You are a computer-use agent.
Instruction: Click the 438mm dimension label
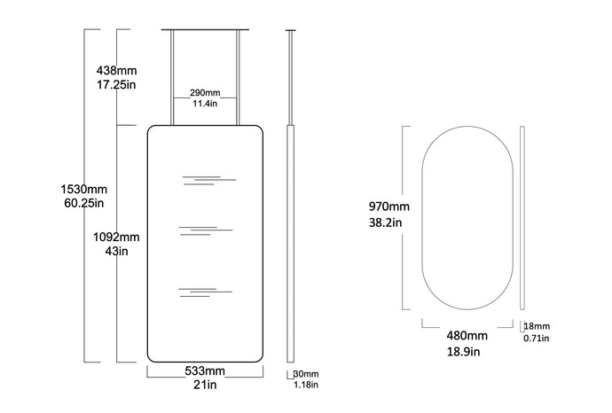point(117,71)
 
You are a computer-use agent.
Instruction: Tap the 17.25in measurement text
point(116,84)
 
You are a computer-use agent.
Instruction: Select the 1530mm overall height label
point(83,189)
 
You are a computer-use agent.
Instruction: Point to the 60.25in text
point(84,203)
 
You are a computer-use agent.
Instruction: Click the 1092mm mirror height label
point(116,238)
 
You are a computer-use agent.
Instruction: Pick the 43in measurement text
point(116,251)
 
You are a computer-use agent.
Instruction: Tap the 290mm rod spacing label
point(205,93)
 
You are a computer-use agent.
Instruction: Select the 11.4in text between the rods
point(205,104)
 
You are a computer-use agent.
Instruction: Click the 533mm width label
point(205,370)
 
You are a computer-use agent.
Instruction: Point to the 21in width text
point(205,385)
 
